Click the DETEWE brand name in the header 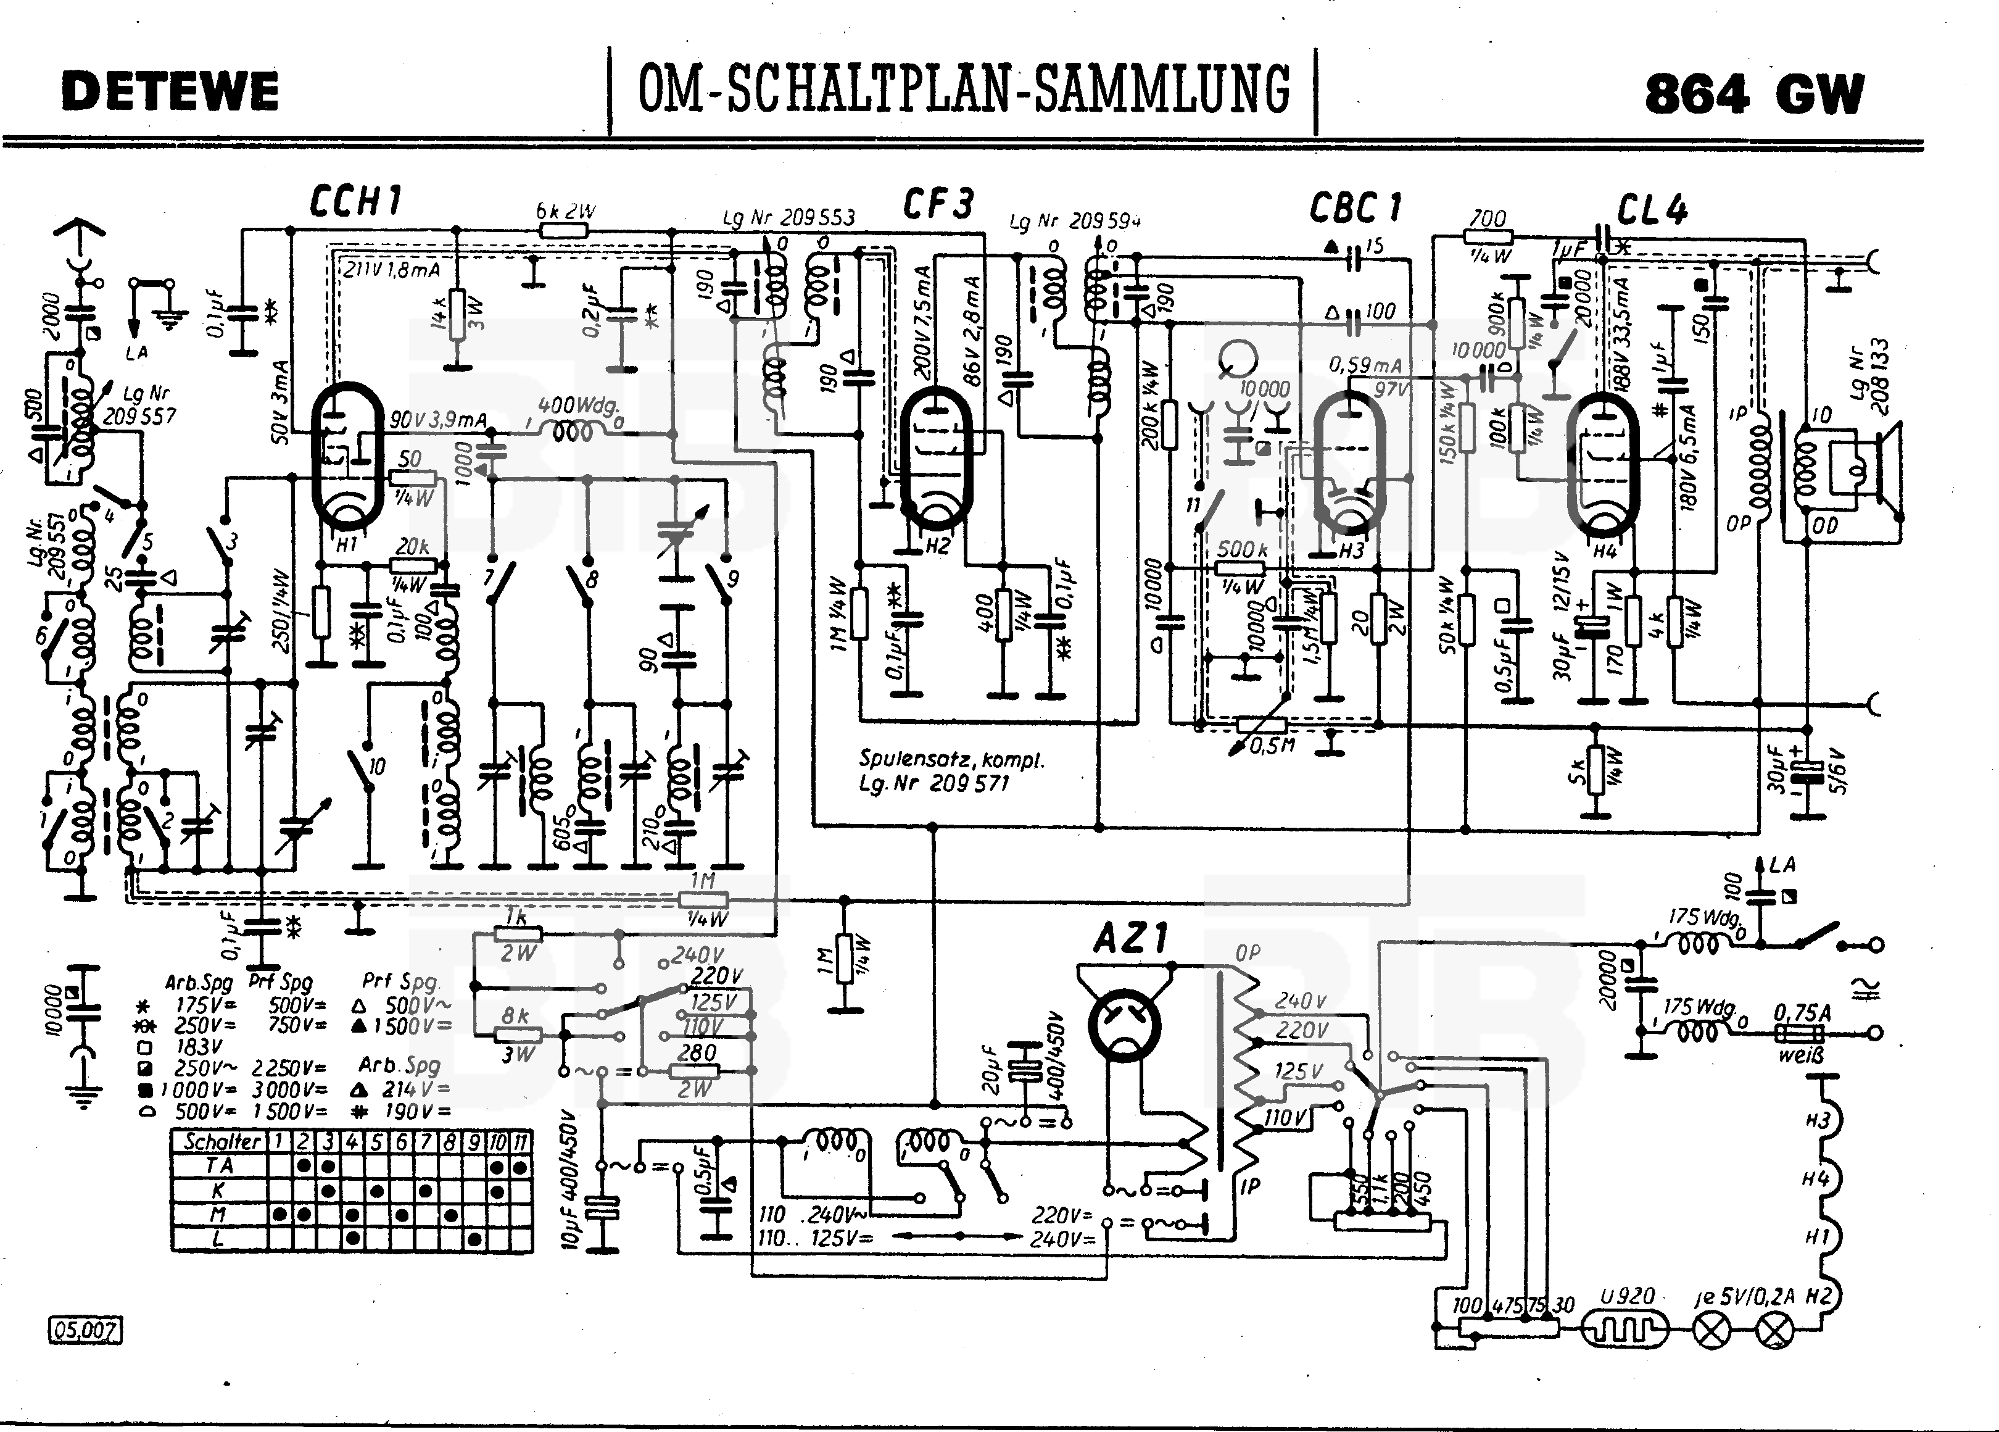click(170, 92)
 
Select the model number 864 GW click(1754, 93)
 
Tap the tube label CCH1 click(355, 202)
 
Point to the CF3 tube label click(938, 204)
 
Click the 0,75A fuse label click(1802, 1013)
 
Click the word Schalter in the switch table click(221, 1141)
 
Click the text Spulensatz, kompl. click(951, 759)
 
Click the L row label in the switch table click(218, 1239)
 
